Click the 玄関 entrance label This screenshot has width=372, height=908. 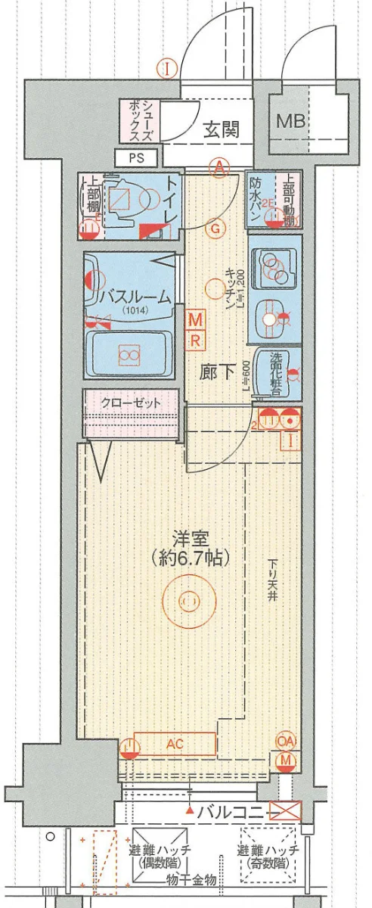click(221, 129)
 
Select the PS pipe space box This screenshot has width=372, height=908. click(135, 158)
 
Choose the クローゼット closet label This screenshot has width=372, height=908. click(131, 403)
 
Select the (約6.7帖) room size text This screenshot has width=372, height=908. click(189, 558)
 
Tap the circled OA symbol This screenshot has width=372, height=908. click(286, 741)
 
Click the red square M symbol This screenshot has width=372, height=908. click(195, 317)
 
